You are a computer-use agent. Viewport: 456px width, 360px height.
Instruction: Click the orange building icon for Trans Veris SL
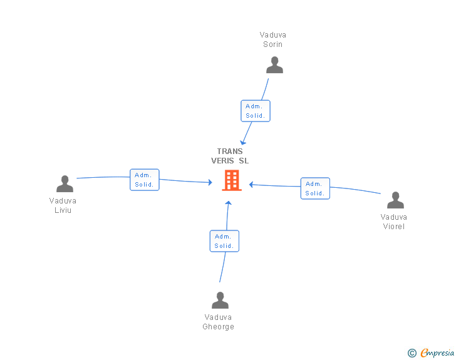pyautogui.click(x=232, y=180)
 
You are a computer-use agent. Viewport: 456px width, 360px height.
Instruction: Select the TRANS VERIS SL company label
pyautogui.click(x=230, y=156)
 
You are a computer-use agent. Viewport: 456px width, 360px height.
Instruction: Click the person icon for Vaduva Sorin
pyautogui.click(x=274, y=65)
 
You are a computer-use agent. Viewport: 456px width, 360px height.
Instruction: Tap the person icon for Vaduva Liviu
pyautogui.click(x=65, y=184)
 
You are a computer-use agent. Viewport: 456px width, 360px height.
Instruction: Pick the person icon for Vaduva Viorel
pyautogui.click(x=395, y=200)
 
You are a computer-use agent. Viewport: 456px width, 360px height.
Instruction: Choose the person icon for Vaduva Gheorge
pyautogui.click(x=220, y=300)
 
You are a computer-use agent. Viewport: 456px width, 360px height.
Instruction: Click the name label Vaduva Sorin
pyautogui.click(x=273, y=39)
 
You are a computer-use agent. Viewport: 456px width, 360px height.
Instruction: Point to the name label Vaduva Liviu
pyautogui.click(x=63, y=205)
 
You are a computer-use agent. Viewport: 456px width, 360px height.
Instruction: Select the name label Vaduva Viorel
pyautogui.click(x=394, y=222)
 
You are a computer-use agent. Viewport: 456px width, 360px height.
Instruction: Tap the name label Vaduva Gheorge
pyautogui.click(x=219, y=322)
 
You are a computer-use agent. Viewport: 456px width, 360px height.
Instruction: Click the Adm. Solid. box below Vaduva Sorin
pyautogui.click(x=256, y=111)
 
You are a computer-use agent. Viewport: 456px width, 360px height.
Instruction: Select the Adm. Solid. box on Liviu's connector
pyautogui.click(x=145, y=180)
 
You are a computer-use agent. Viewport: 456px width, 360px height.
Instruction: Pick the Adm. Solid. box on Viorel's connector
pyautogui.click(x=315, y=188)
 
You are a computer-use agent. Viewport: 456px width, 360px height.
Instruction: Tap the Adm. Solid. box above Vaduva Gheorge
pyautogui.click(x=224, y=241)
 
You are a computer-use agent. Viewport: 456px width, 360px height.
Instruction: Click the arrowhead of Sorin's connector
pyautogui.click(x=243, y=143)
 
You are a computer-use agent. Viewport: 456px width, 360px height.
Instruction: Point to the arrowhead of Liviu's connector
pyautogui.click(x=210, y=182)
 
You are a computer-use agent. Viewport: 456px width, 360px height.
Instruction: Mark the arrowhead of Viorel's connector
pyautogui.click(x=251, y=184)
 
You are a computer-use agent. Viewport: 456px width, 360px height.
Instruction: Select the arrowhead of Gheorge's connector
pyautogui.click(x=229, y=203)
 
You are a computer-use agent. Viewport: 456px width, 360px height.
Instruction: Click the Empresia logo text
pyautogui.click(x=437, y=352)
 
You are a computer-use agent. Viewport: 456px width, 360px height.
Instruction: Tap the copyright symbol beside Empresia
pyautogui.click(x=412, y=353)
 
